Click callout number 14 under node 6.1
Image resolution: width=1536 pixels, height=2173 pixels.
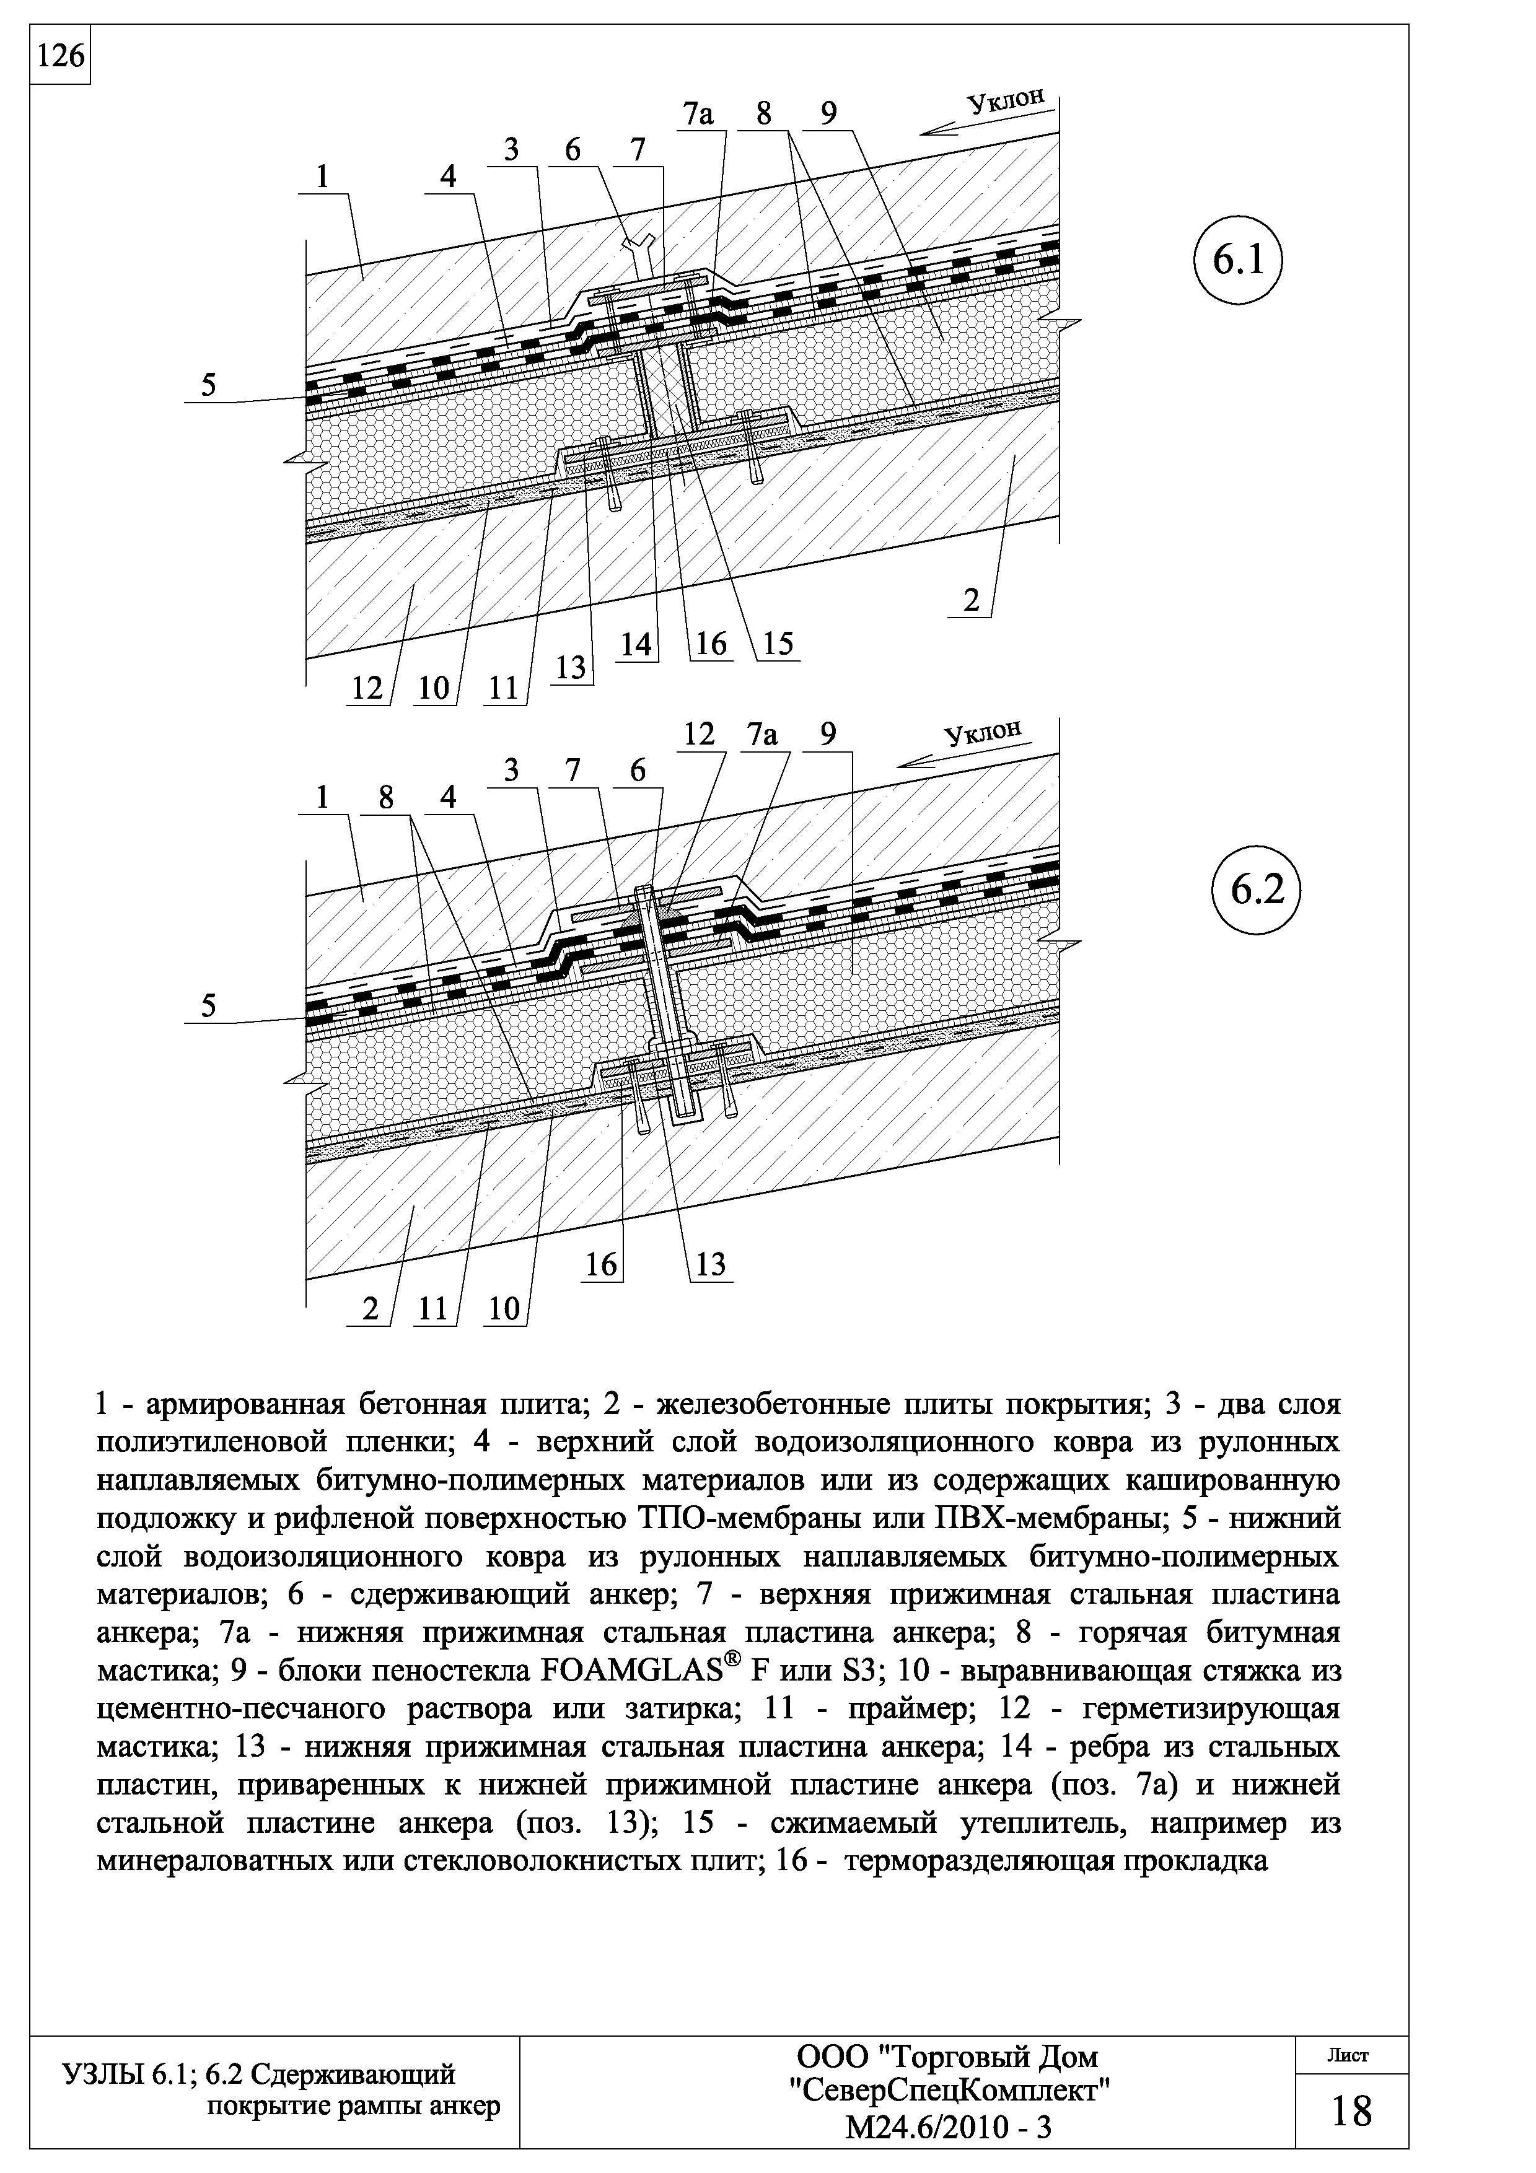pyautogui.click(x=637, y=644)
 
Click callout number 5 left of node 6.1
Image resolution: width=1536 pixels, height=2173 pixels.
pyautogui.click(x=208, y=386)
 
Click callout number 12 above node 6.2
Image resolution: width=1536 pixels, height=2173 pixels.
pyautogui.click(x=700, y=735)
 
